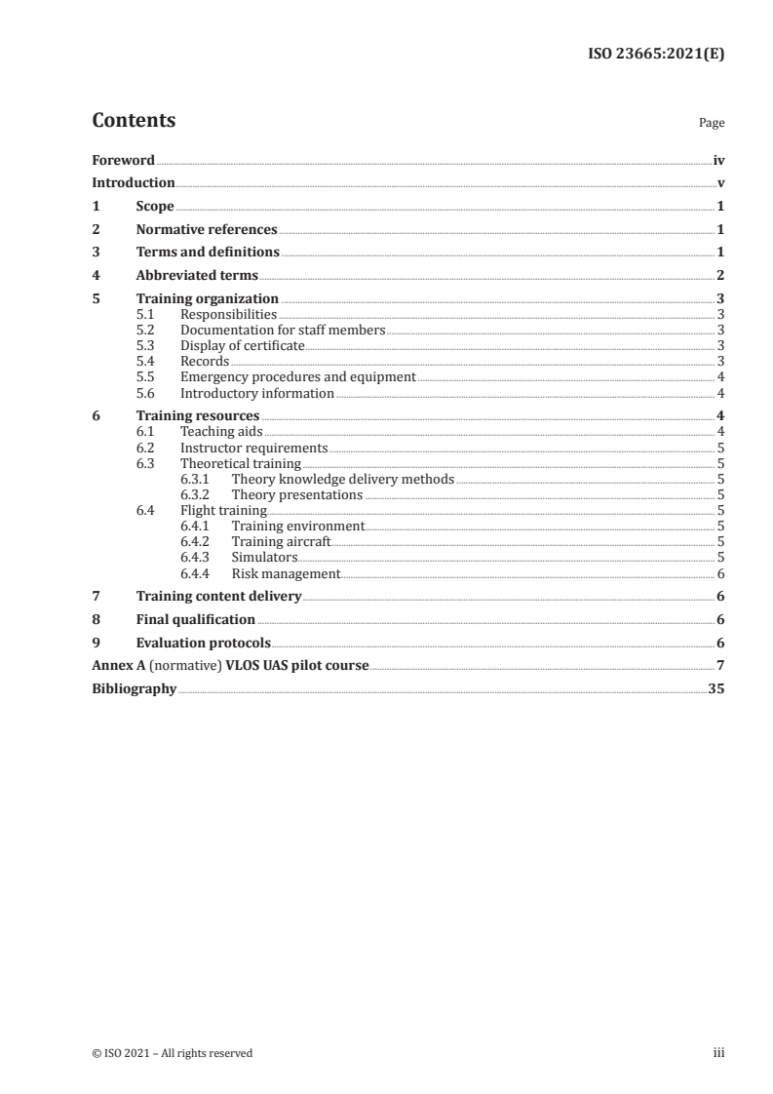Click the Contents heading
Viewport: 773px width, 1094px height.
pyautogui.click(x=134, y=121)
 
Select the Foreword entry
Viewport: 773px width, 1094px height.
pyautogui.click(x=123, y=160)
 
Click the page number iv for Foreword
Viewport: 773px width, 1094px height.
pyautogui.click(x=717, y=160)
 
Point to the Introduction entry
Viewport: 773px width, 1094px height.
pyautogui.click(x=134, y=183)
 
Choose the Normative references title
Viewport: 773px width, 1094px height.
pyautogui.click(x=207, y=230)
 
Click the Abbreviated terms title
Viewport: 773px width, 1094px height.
pyautogui.click(x=197, y=276)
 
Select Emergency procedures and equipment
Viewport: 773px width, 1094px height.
pyautogui.click(x=298, y=377)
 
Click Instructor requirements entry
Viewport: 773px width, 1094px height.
pyautogui.click(x=254, y=449)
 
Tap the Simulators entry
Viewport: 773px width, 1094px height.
pyautogui.click(x=264, y=557)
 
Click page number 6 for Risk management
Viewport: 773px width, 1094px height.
pyautogui.click(x=720, y=574)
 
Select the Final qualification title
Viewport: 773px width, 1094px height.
pyautogui.click(x=196, y=620)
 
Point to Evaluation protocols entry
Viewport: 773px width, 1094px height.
pyautogui.click(x=204, y=644)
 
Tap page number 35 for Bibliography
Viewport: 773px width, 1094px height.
pyautogui.click(x=715, y=689)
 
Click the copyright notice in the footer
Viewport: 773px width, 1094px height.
pyautogui.click(x=173, y=1053)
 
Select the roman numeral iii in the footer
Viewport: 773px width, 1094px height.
pyautogui.click(x=719, y=1053)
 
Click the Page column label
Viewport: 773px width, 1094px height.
pyautogui.click(x=712, y=124)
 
